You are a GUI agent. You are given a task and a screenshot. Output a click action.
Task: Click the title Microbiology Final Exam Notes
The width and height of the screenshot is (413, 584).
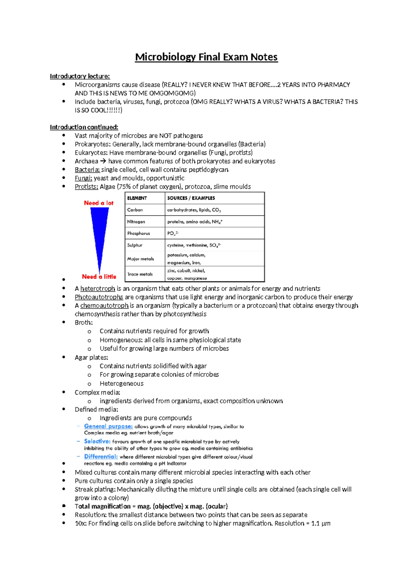pyautogui.click(x=206, y=57)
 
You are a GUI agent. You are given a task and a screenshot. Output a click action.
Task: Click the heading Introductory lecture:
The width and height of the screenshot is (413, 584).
pyautogui.click(x=80, y=76)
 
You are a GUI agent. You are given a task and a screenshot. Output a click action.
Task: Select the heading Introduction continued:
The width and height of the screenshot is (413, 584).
pyautogui.click(x=84, y=127)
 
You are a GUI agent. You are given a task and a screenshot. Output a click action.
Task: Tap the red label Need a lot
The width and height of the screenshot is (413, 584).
pyautogui.click(x=99, y=203)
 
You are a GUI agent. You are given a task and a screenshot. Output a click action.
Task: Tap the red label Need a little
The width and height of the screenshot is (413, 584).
pyautogui.click(x=99, y=277)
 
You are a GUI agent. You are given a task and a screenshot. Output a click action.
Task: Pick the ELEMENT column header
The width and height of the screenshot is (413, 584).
pyautogui.click(x=137, y=198)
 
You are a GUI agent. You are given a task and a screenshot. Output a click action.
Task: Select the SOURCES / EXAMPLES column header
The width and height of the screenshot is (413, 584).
pyautogui.click(x=191, y=198)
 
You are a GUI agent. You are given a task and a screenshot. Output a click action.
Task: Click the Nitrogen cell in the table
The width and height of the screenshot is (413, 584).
pyautogui.click(x=136, y=222)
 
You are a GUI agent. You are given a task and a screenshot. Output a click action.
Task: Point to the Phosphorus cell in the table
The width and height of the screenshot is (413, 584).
pyautogui.click(x=139, y=233)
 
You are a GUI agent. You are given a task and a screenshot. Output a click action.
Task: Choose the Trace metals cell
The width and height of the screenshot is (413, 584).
pyautogui.click(x=140, y=274)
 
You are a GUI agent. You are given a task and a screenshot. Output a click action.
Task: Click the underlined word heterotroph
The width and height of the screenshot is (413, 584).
pyautogui.click(x=98, y=289)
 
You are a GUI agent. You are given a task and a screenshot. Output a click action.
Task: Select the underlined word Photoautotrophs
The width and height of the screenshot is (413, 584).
pyautogui.click(x=99, y=297)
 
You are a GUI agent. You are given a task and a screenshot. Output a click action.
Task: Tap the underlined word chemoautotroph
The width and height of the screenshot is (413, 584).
pyautogui.click(x=104, y=305)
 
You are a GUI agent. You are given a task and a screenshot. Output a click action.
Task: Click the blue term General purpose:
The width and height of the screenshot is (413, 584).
pyautogui.click(x=108, y=426)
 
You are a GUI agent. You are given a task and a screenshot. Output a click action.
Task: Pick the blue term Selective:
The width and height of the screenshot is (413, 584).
pyautogui.click(x=97, y=441)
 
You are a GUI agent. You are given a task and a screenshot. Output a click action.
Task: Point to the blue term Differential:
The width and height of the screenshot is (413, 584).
pyautogui.click(x=101, y=457)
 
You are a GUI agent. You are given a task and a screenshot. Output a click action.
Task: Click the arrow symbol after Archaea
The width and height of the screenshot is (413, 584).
pyautogui.click(x=103, y=161)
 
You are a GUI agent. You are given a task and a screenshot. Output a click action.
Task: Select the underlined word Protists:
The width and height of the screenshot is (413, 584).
pyautogui.click(x=86, y=187)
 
